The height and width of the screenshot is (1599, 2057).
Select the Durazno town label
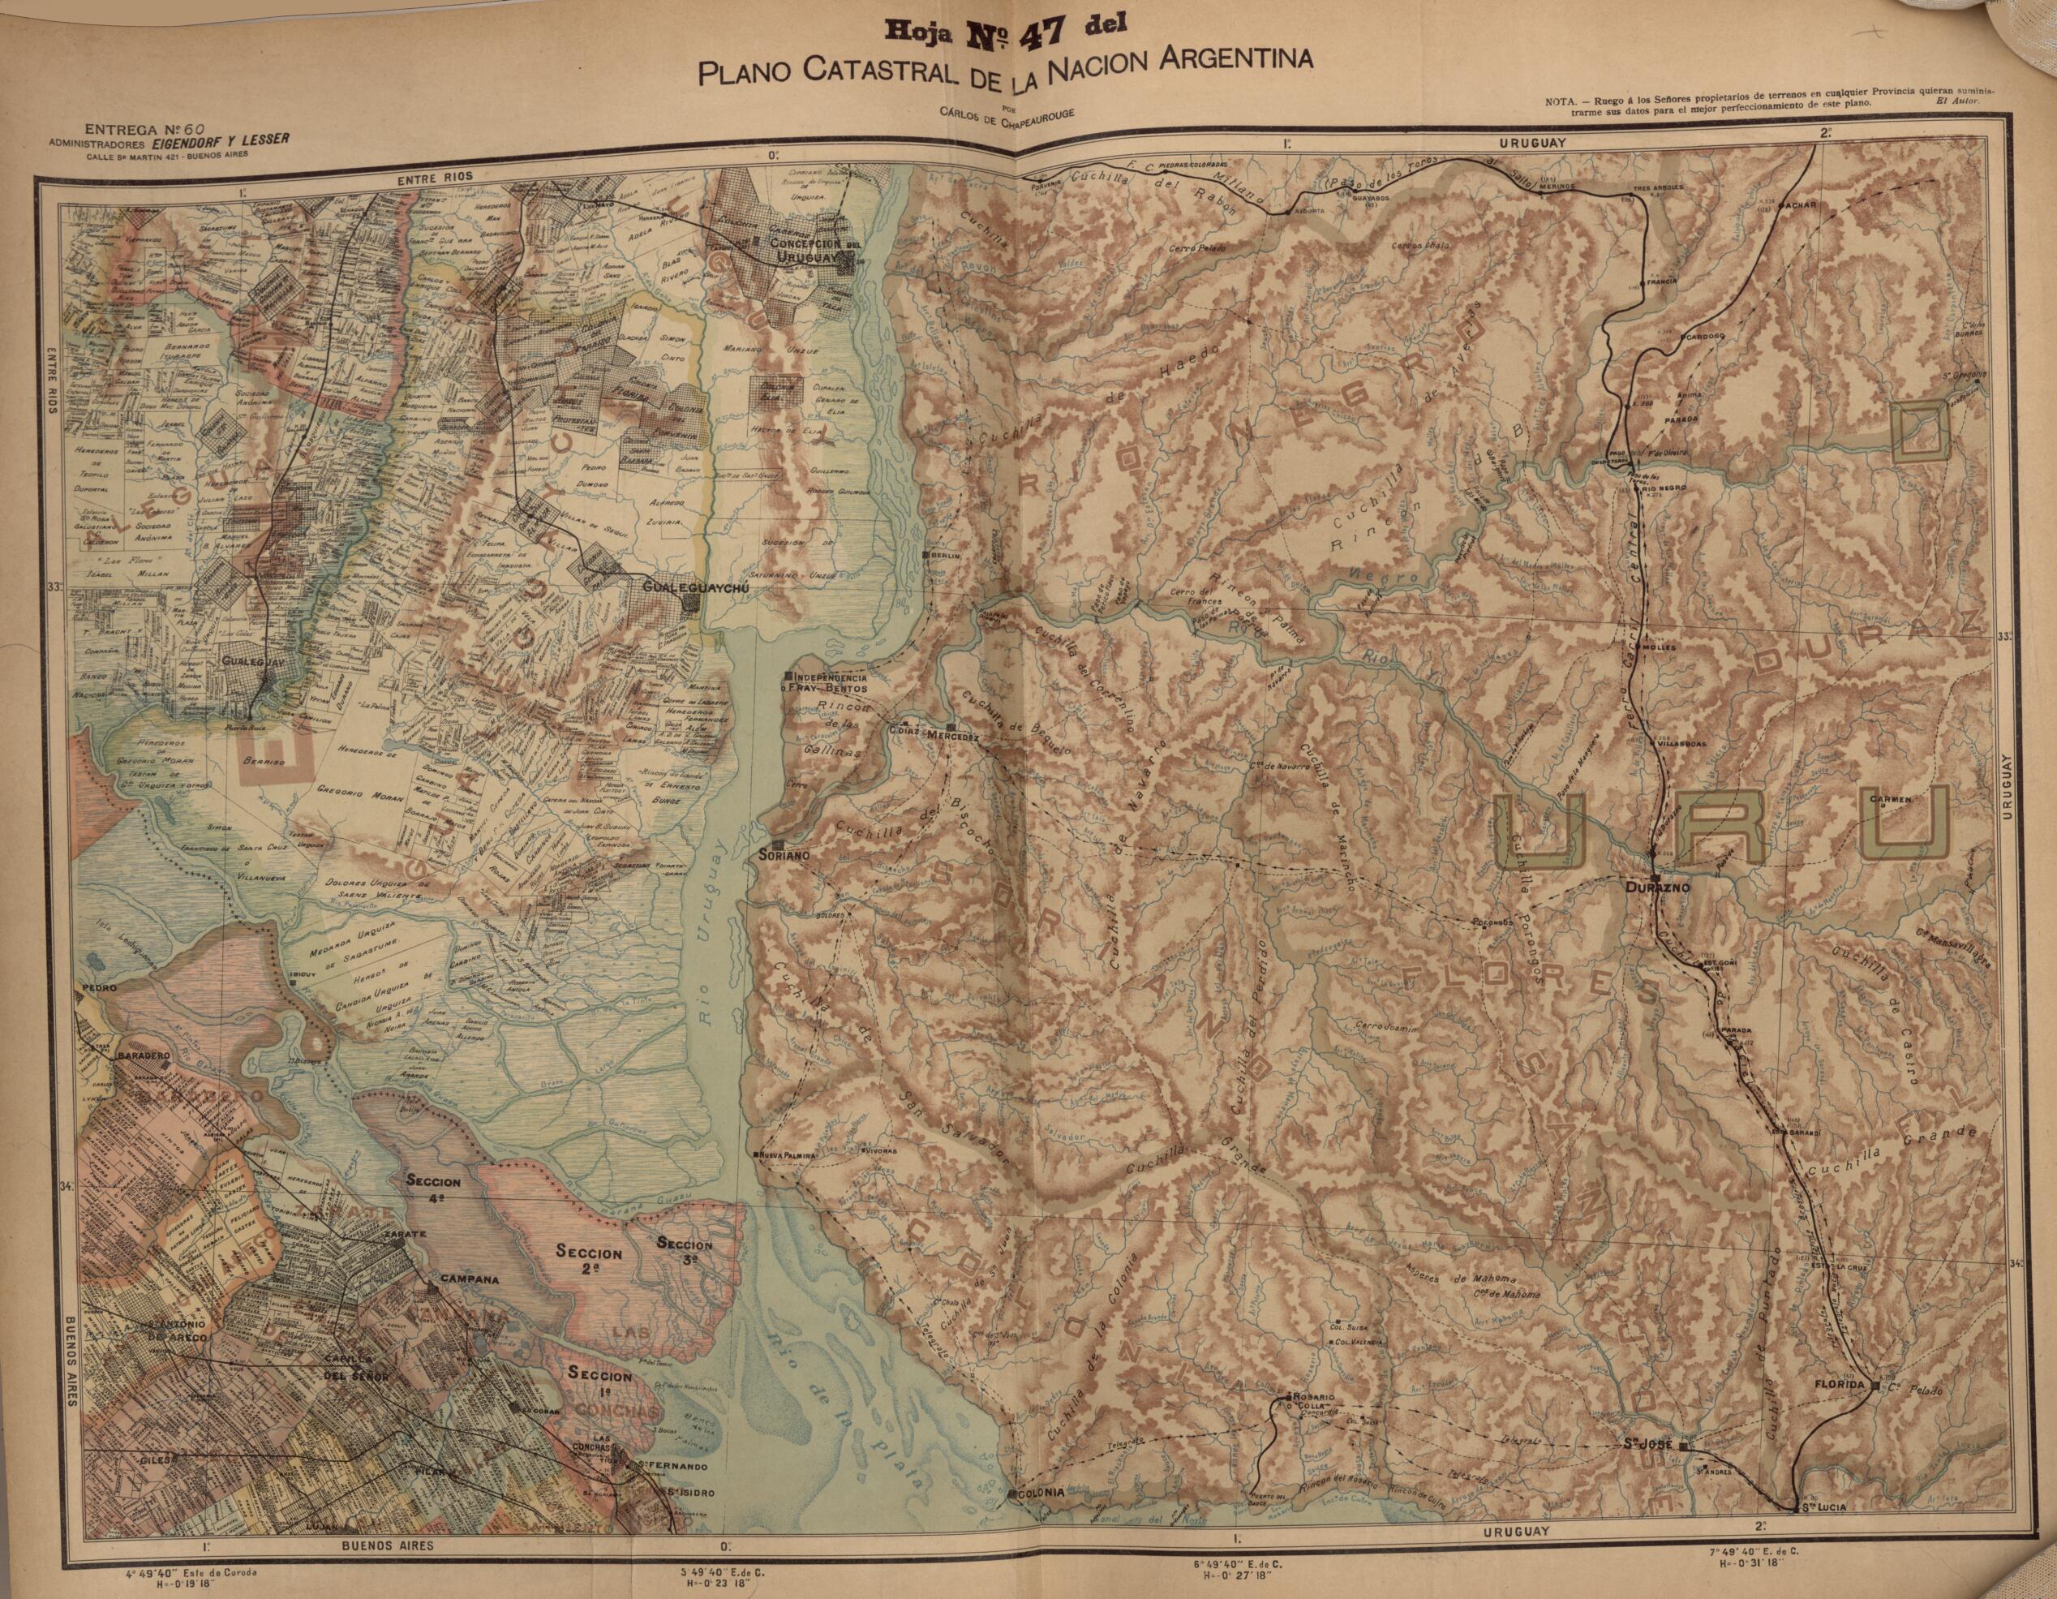coord(1657,888)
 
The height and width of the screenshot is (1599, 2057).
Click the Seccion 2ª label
coord(589,1260)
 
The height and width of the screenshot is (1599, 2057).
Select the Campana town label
coord(469,1279)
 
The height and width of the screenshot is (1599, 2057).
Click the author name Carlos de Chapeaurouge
coord(1006,112)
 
